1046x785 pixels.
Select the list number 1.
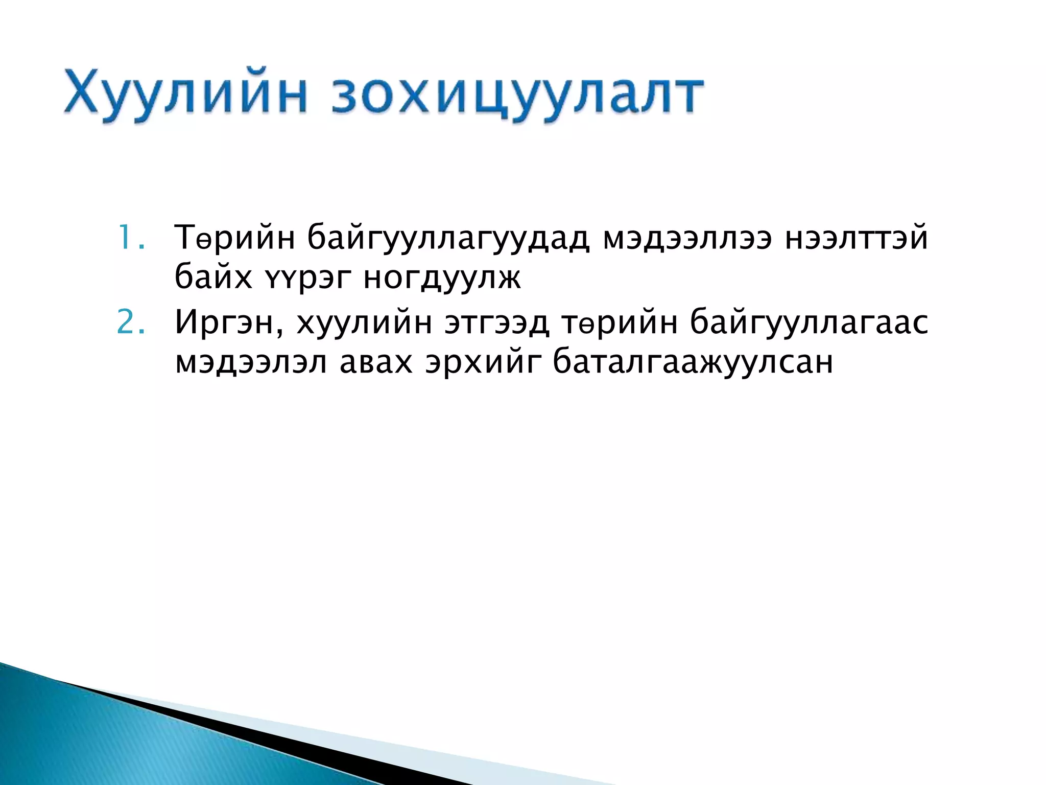(131, 238)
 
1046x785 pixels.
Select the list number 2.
(131, 322)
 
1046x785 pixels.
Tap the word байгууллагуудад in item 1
(448, 239)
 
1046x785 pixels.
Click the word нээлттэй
(856, 239)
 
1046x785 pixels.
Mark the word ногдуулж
(442, 279)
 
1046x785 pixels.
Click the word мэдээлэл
(251, 363)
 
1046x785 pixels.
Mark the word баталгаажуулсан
(693, 363)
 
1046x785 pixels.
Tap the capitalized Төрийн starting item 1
(235, 239)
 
